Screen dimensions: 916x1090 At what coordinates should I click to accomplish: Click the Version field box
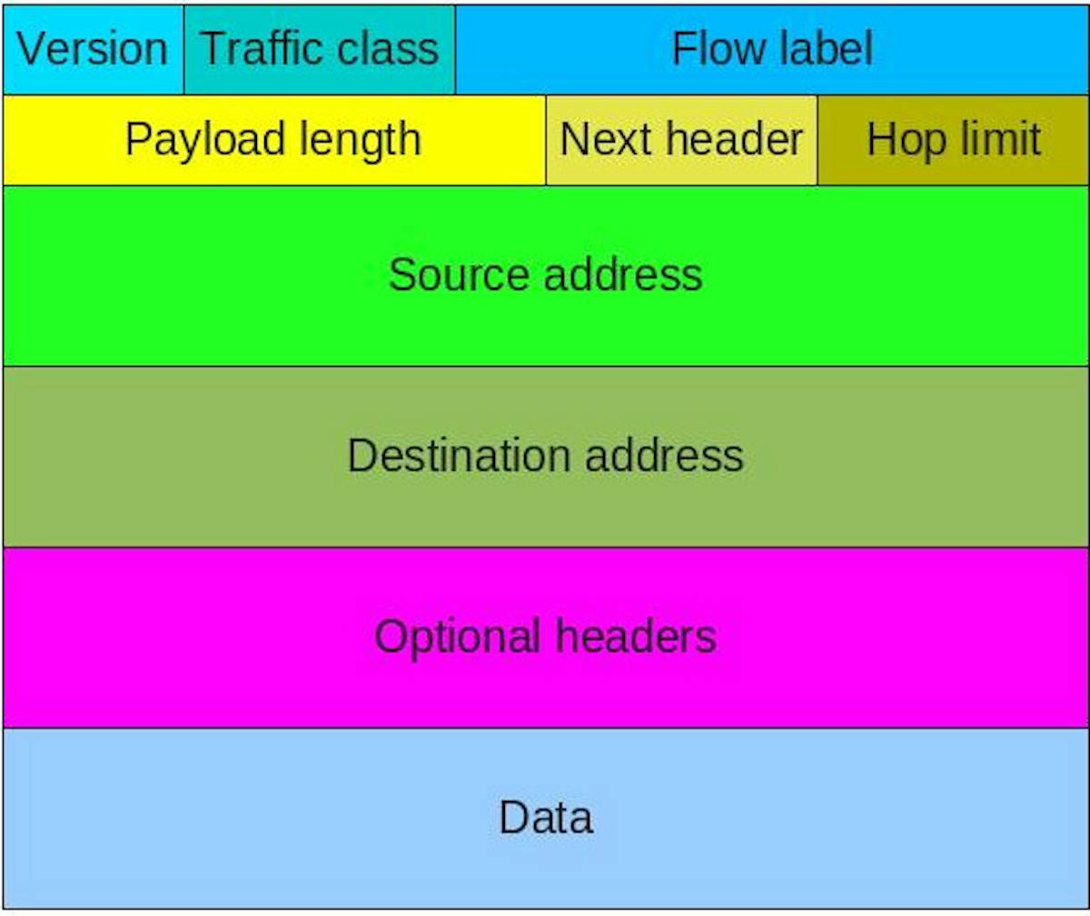(93, 49)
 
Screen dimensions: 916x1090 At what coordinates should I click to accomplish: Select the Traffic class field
(319, 49)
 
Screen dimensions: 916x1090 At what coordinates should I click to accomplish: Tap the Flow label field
(772, 49)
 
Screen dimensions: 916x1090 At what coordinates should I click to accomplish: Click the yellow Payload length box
(273, 140)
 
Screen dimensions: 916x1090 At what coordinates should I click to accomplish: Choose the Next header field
(681, 140)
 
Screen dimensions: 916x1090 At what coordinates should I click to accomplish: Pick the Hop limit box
(953, 140)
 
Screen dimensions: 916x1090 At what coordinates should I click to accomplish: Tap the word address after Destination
(665, 455)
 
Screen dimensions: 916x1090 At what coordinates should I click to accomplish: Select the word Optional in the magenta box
(457, 636)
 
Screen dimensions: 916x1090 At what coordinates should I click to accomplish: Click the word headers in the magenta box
(636, 636)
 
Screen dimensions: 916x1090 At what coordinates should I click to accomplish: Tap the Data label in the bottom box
(546, 817)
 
